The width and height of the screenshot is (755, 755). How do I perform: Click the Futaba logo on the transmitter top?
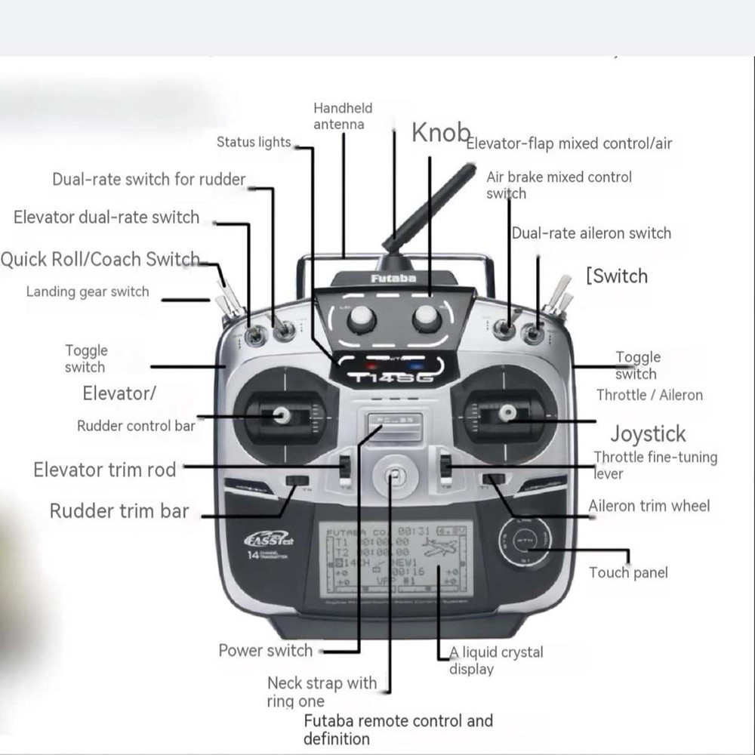(x=393, y=279)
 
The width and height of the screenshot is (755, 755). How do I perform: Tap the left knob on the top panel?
(x=362, y=319)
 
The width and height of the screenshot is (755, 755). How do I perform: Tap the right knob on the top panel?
(x=427, y=319)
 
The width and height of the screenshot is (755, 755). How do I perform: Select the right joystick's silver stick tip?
(x=507, y=412)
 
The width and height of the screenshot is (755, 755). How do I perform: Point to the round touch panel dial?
(x=525, y=541)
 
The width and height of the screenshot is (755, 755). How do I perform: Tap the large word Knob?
(x=441, y=133)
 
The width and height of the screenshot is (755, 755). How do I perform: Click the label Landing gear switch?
(x=88, y=292)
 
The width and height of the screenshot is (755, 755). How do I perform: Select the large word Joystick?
(x=648, y=434)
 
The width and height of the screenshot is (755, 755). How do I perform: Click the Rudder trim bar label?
(x=119, y=511)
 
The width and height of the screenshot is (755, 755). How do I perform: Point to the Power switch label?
(x=265, y=651)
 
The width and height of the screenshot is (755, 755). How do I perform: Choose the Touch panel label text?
(x=628, y=573)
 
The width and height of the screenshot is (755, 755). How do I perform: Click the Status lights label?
(x=254, y=142)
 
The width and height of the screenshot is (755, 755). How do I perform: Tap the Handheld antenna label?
(x=343, y=116)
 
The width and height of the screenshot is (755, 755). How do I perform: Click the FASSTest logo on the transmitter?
(x=268, y=539)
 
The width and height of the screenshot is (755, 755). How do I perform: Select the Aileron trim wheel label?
(x=649, y=506)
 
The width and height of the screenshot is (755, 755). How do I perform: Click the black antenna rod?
(x=430, y=208)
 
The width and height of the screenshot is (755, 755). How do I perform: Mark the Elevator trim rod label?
(x=104, y=470)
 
